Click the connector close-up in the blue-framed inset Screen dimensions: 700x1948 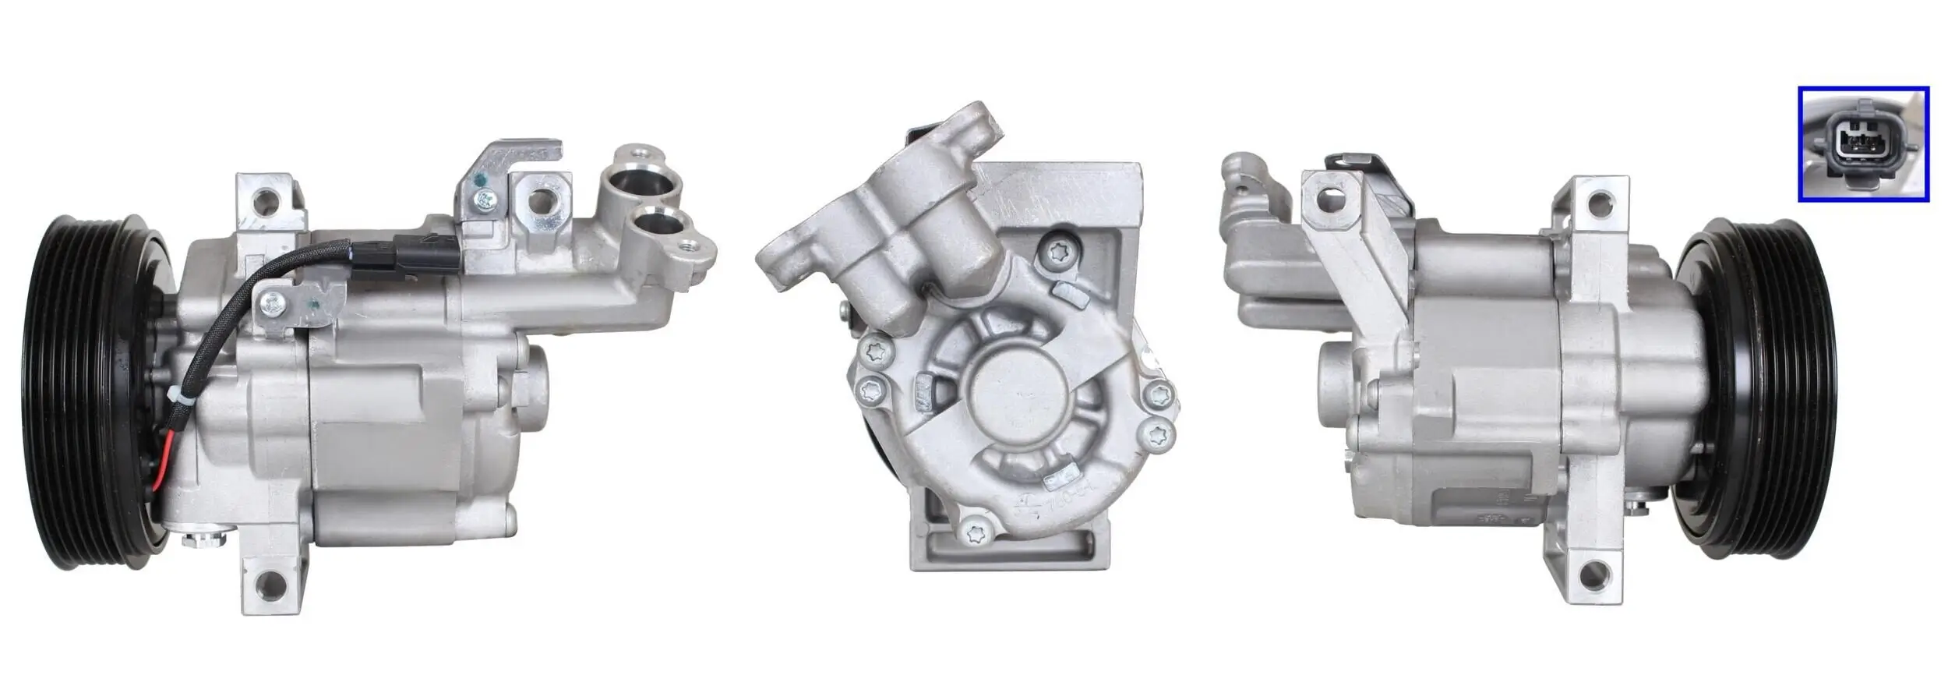[x=1862, y=144]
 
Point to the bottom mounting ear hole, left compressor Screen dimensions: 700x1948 [x=273, y=581]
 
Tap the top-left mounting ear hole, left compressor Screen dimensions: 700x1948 [x=267, y=201]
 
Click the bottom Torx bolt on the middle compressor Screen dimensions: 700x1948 [x=976, y=534]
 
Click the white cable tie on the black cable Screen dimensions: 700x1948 [x=179, y=399]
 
